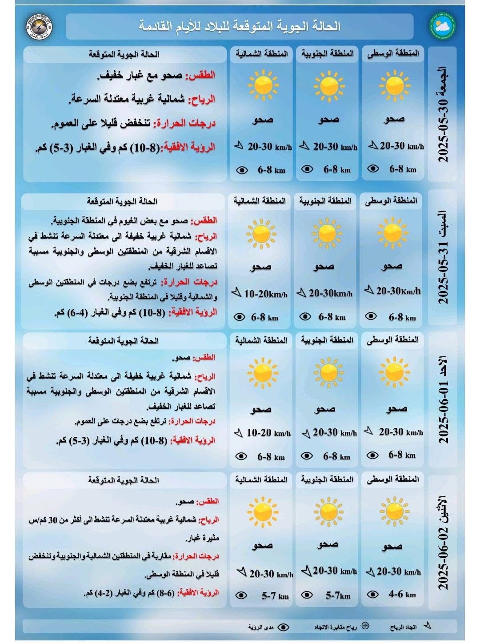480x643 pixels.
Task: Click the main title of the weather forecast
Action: pos(240,26)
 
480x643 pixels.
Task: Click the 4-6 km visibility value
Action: pos(402,594)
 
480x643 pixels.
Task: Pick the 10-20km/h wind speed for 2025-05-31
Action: pos(265,294)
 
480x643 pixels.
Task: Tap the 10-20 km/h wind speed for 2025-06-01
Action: pos(268,433)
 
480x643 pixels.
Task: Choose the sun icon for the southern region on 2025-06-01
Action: pos(328,373)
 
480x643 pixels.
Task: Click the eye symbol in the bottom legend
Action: pos(283,627)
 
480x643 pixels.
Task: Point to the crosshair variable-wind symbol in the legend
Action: pos(365,626)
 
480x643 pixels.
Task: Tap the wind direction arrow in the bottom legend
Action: pos(427,626)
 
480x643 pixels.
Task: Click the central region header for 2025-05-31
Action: pos(391,201)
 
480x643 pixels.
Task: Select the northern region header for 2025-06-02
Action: pos(261,479)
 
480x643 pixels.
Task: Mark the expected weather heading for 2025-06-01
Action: pos(123,341)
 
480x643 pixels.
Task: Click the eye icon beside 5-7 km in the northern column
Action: pos(241,595)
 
